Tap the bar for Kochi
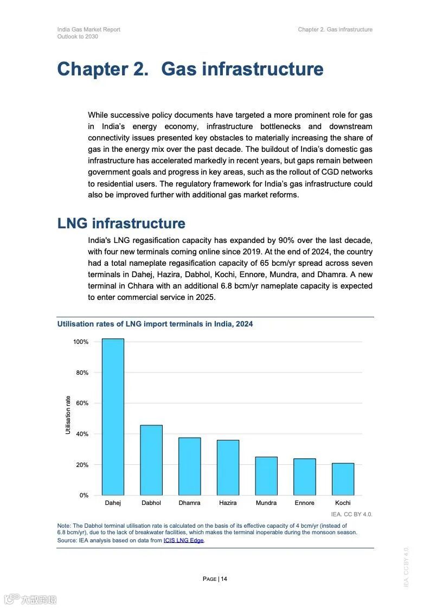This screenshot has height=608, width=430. click(343, 479)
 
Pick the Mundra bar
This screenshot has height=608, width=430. click(266, 476)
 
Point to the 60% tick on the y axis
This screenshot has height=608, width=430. click(81, 404)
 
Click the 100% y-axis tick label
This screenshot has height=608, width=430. click(80, 342)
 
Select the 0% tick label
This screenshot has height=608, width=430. click(84, 496)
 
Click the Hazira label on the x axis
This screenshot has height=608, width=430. click(228, 503)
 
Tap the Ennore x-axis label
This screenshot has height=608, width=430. click(304, 503)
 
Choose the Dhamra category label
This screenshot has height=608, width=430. click(189, 503)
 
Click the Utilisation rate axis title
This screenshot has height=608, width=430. click(68, 415)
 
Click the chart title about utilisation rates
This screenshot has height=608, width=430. click(155, 324)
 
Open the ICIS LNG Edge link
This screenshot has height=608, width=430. click(184, 541)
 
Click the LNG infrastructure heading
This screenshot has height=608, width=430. click(121, 223)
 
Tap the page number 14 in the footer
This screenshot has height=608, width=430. click(224, 579)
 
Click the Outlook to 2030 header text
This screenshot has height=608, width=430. click(78, 36)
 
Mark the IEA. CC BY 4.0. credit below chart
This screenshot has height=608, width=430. click(351, 514)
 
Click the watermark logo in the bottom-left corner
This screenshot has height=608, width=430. click(30, 599)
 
